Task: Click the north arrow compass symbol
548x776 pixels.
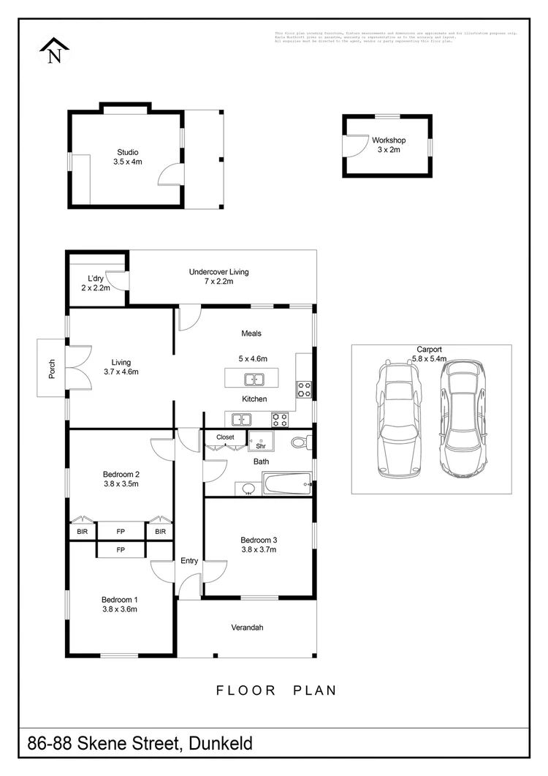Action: coord(54,51)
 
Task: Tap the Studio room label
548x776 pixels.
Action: coord(127,152)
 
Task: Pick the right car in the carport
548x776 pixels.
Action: coord(460,417)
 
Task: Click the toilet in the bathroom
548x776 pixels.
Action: coord(300,442)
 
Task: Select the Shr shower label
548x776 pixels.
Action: coord(259,445)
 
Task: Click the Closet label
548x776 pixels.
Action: coord(225,437)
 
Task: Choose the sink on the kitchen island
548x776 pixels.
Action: coord(254,379)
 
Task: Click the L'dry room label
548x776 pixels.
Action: coord(95,279)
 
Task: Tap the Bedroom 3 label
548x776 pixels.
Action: coord(259,540)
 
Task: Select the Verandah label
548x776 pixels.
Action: coord(247,628)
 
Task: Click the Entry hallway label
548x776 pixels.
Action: coord(189,561)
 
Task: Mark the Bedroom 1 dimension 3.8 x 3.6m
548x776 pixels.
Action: coord(119,609)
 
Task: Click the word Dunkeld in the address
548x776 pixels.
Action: coord(221,744)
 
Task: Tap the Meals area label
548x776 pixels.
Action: coord(251,334)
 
